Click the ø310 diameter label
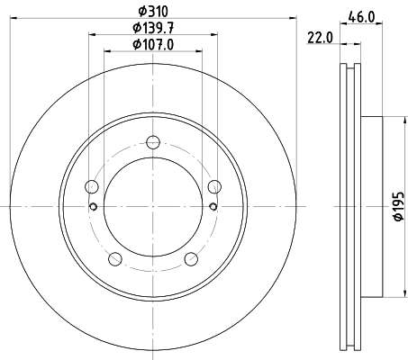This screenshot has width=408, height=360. coord(152,11)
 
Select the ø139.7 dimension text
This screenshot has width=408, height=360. coord(152,28)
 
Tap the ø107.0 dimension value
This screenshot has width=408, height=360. coord(152,44)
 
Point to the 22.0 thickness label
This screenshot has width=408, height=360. coord(320,38)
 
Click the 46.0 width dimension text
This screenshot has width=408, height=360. coord(362,16)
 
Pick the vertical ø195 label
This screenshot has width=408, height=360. coord(395,207)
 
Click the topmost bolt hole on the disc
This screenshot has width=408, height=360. coord(152,141)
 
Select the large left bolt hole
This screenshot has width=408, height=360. coord(90,186)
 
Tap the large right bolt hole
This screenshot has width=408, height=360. coord(214,186)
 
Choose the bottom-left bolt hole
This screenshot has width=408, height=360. coord(114,259)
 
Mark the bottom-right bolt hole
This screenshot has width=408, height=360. coord(191,259)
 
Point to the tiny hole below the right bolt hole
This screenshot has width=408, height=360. coord(213,206)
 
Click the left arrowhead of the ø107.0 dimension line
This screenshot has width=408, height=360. coord(107,52)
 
